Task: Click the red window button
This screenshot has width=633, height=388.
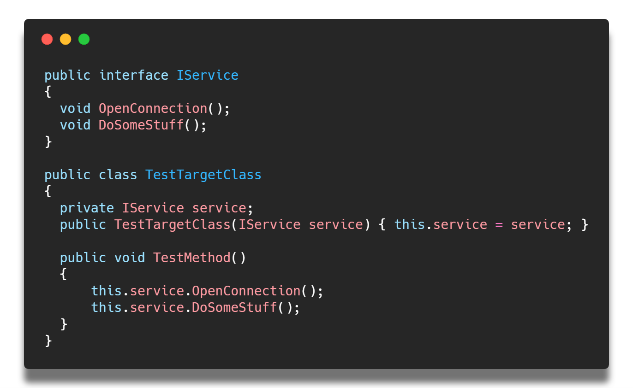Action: pyautogui.click(x=47, y=39)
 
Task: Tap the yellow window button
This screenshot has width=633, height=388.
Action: pyautogui.click(x=66, y=39)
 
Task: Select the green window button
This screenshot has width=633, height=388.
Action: pyautogui.click(x=84, y=39)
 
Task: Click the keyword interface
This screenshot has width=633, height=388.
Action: pyautogui.click(x=134, y=76)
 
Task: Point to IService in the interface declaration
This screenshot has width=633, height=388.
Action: pyautogui.click(x=208, y=76)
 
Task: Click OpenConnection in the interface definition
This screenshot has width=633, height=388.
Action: pyautogui.click(x=153, y=109)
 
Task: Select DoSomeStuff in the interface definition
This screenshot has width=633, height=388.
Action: pyautogui.click(x=141, y=125)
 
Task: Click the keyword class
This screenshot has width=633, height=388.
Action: pyautogui.click(x=118, y=175)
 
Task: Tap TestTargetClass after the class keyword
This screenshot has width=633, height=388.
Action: pyautogui.click(x=203, y=175)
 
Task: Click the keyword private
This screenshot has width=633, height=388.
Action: pyautogui.click(x=87, y=208)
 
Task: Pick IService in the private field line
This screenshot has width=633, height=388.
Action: pyautogui.click(x=153, y=208)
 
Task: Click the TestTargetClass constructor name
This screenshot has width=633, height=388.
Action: pyautogui.click(x=173, y=225)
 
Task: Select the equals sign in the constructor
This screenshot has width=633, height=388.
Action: pyautogui.click(x=499, y=225)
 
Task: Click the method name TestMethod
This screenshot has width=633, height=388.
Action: pyautogui.click(x=192, y=258)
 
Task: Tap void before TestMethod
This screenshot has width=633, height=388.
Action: pyautogui.click(x=130, y=258)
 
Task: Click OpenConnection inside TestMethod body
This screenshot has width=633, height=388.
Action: pyautogui.click(x=246, y=291)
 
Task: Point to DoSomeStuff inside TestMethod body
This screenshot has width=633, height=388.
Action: pyautogui.click(x=234, y=307)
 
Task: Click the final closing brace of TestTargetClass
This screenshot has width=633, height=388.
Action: pyautogui.click(x=48, y=341)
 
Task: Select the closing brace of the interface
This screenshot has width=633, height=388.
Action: pyautogui.click(x=48, y=141)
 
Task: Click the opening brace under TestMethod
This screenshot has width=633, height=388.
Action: pyautogui.click(x=64, y=274)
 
